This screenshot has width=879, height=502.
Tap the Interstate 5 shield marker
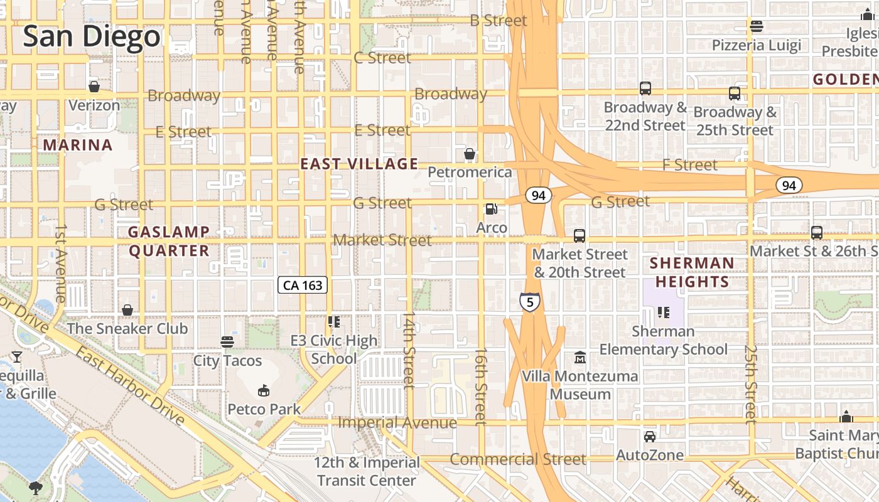(x=530, y=302)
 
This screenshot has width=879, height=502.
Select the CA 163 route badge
(x=303, y=286)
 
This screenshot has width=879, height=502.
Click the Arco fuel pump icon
(x=492, y=209)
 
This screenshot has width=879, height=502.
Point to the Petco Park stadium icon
(x=264, y=391)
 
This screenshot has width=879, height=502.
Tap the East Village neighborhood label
(x=359, y=164)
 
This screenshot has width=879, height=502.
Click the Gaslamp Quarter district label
(x=169, y=241)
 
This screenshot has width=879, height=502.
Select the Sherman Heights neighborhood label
(x=691, y=272)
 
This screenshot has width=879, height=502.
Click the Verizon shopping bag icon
(x=94, y=87)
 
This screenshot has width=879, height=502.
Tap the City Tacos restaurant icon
(x=227, y=342)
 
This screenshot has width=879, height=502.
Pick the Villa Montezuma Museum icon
(x=580, y=358)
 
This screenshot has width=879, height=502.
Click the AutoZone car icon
(x=649, y=436)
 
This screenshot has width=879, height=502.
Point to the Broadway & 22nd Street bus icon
(x=645, y=88)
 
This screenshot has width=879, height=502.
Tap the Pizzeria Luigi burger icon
(x=756, y=26)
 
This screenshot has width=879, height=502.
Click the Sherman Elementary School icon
(x=663, y=312)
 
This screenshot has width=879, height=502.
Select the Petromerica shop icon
(x=469, y=154)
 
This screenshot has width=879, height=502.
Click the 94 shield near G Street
(x=538, y=195)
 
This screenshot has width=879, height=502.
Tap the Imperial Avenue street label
(x=397, y=423)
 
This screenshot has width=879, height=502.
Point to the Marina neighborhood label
(x=77, y=146)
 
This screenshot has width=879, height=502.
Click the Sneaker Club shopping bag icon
(x=127, y=310)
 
